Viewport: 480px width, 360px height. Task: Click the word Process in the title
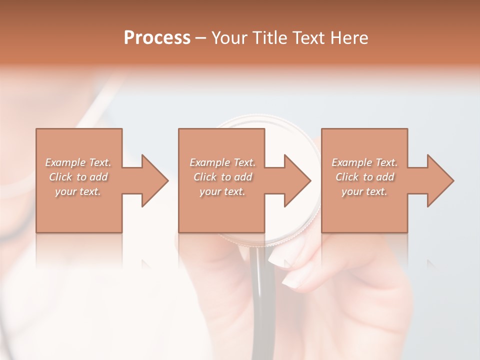pyautogui.click(x=157, y=38)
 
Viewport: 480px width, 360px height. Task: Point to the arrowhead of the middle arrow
pyautogui.click(x=295, y=180)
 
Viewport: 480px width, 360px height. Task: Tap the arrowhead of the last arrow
pyautogui.click(x=438, y=180)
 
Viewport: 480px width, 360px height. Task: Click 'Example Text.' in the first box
pyautogui.click(x=78, y=162)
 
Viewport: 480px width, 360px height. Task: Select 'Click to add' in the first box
pyautogui.click(x=78, y=177)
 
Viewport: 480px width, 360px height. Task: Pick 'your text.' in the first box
pyautogui.click(x=78, y=191)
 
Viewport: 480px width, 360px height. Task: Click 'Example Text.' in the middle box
pyautogui.click(x=222, y=162)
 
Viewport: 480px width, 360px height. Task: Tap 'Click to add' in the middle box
pyautogui.click(x=222, y=177)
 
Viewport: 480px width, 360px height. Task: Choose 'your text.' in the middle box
pyautogui.click(x=222, y=191)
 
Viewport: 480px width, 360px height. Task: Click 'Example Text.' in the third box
pyautogui.click(x=364, y=162)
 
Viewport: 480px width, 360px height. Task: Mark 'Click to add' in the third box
pyautogui.click(x=364, y=177)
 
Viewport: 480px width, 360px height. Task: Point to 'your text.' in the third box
pyautogui.click(x=364, y=191)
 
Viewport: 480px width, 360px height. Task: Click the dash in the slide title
pyautogui.click(x=200, y=38)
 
